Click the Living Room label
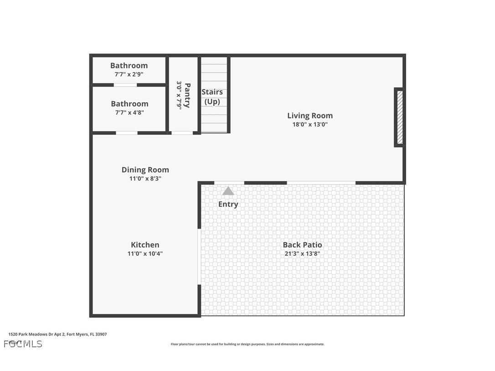309,116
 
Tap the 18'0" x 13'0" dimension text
309,124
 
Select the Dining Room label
145,170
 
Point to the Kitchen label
145,245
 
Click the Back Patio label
302,245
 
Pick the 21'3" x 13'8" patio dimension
302,254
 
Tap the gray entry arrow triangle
228,191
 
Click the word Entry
228,204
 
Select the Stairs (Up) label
212,97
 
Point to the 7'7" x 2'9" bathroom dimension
129,74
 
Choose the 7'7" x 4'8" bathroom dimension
129,113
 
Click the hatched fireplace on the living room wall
400,117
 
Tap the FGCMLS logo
23,344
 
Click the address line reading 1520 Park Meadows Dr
57,334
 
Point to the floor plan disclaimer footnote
247,344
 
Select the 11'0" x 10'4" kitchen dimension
145,254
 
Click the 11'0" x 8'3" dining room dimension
145,179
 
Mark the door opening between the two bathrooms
125,85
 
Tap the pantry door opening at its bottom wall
182,133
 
